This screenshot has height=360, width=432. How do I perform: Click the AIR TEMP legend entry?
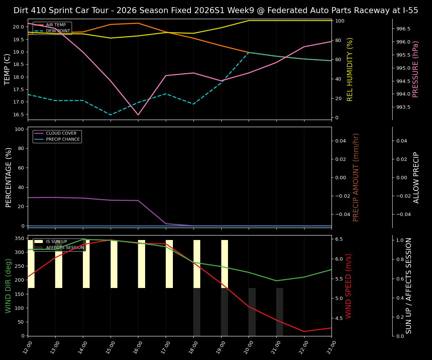tap(55, 25)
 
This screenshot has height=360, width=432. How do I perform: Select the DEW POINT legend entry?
tap(58, 31)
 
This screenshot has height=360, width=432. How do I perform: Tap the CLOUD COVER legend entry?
tap(61, 133)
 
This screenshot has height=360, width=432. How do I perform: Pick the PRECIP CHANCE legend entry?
tap(63, 139)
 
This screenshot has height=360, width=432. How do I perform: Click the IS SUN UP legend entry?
tap(56, 242)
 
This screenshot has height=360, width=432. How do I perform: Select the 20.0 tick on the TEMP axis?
tap(18, 27)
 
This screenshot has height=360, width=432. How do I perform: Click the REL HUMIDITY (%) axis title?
tap(350, 69)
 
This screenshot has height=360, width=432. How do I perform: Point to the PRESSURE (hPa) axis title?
tap(415, 69)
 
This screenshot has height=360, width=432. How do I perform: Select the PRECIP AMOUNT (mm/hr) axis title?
tap(356, 177)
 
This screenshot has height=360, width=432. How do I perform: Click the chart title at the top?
tap(216, 10)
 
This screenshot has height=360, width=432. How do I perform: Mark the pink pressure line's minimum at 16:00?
tap(138, 115)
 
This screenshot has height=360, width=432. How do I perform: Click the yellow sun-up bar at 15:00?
tap(114, 264)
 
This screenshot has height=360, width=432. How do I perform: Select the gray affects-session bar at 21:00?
tap(280, 312)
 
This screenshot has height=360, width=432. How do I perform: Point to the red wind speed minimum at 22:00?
tap(304, 331)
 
